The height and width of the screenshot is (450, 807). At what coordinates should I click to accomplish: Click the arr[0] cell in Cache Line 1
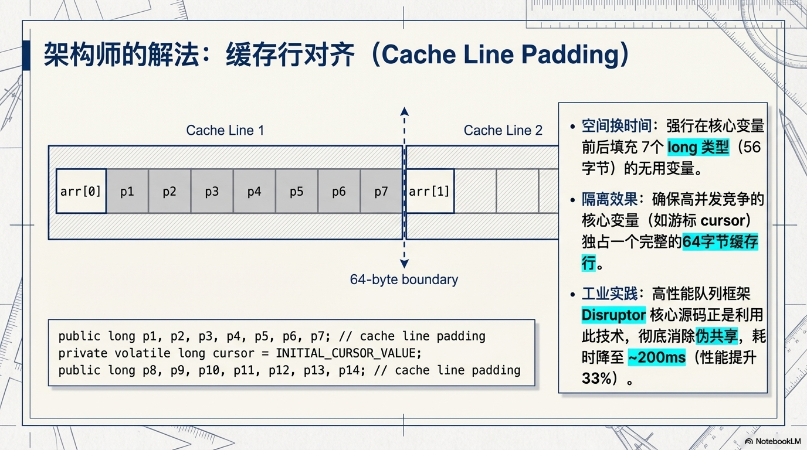pyautogui.click(x=81, y=192)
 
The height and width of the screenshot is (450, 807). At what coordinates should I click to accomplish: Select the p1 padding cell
pyautogui.click(x=127, y=192)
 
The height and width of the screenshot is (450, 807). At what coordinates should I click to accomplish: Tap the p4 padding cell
pyautogui.click(x=254, y=192)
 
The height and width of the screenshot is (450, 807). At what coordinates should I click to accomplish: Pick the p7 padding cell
pyautogui.click(x=381, y=192)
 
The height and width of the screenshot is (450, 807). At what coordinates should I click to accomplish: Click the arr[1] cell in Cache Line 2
pyautogui.click(x=429, y=192)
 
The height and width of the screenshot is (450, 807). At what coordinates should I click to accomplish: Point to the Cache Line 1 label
pyautogui.click(x=225, y=130)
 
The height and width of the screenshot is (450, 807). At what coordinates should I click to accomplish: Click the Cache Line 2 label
pyautogui.click(x=503, y=130)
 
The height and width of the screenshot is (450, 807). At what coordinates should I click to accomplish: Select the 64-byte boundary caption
pyautogui.click(x=403, y=279)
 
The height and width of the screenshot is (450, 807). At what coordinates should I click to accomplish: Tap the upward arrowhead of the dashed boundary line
pyautogui.click(x=404, y=111)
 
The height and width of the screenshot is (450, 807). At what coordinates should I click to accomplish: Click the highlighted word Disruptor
pyautogui.click(x=613, y=315)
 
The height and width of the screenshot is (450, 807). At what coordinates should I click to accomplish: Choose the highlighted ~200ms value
pyautogui.click(x=656, y=357)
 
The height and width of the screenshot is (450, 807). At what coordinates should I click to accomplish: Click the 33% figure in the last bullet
pyautogui.click(x=596, y=379)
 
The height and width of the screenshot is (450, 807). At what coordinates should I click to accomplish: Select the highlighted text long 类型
pyautogui.click(x=698, y=147)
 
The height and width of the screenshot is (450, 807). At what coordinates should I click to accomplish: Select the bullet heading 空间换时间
pyautogui.click(x=616, y=126)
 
